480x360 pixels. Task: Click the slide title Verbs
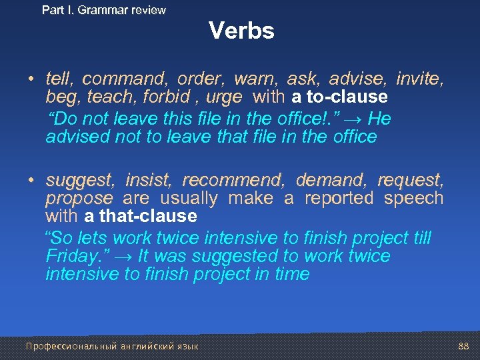241,31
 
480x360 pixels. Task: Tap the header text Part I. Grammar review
103,10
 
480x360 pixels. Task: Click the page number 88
464,346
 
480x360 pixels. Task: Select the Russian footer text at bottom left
111,346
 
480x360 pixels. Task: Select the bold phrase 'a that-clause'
141,216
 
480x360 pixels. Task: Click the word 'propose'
79,199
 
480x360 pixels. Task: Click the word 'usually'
189,199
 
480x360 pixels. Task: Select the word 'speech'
414,199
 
